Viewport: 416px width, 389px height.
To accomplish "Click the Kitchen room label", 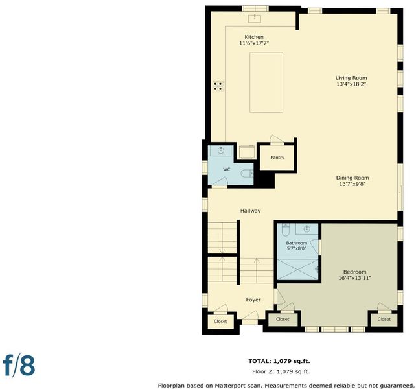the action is pyautogui.click(x=254, y=37).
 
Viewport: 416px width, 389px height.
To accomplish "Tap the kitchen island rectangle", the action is pyautogui.click(x=266, y=82).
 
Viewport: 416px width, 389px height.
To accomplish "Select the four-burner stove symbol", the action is pyautogui.click(x=218, y=86).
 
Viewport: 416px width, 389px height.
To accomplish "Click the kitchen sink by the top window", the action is pyautogui.click(x=255, y=19).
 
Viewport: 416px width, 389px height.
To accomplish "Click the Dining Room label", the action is pyautogui.click(x=352, y=178).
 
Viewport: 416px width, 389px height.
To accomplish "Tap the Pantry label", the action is pyautogui.click(x=277, y=157).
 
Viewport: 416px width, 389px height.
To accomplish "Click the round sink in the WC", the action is pyautogui.click(x=221, y=150).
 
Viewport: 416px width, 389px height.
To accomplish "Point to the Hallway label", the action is pyautogui.click(x=251, y=211).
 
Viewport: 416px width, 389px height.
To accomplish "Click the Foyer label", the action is pyautogui.click(x=253, y=300).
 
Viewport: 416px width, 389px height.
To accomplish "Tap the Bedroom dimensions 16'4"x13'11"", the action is pyautogui.click(x=354, y=278).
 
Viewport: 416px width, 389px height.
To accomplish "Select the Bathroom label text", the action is pyautogui.click(x=296, y=243).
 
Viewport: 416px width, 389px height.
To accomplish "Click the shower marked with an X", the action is pyautogui.click(x=297, y=270).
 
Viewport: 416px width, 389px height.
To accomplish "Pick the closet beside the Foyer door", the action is pyautogui.click(x=220, y=322).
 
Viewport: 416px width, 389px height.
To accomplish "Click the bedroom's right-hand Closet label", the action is pyautogui.click(x=384, y=319).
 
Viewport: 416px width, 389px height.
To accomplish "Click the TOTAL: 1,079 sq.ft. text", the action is pyautogui.click(x=279, y=361).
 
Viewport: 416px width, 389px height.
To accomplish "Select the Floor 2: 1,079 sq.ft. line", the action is pyautogui.click(x=281, y=371).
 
